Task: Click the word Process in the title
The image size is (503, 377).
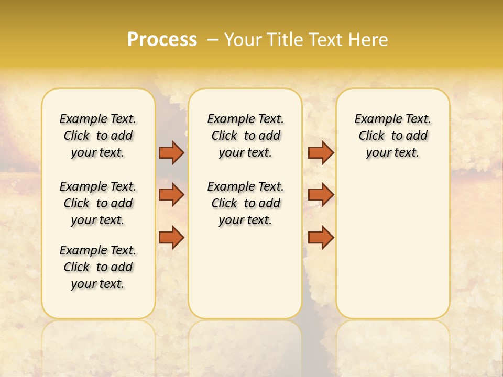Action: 162,40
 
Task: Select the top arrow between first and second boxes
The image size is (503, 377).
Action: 171,152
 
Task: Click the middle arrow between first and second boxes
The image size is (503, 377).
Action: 171,195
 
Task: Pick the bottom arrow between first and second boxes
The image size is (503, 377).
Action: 171,238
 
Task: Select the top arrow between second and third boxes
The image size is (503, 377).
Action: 321,152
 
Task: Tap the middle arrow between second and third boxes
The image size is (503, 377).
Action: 321,195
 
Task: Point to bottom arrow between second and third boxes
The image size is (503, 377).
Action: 321,238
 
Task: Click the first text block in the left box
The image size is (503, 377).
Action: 98,136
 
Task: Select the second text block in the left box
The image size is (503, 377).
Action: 98,203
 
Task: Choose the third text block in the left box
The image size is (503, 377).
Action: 98,267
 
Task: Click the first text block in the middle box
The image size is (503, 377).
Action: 246,136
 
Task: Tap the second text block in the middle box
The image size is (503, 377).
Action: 246,203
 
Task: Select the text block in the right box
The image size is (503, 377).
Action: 393,136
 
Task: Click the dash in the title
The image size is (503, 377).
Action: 213,40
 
